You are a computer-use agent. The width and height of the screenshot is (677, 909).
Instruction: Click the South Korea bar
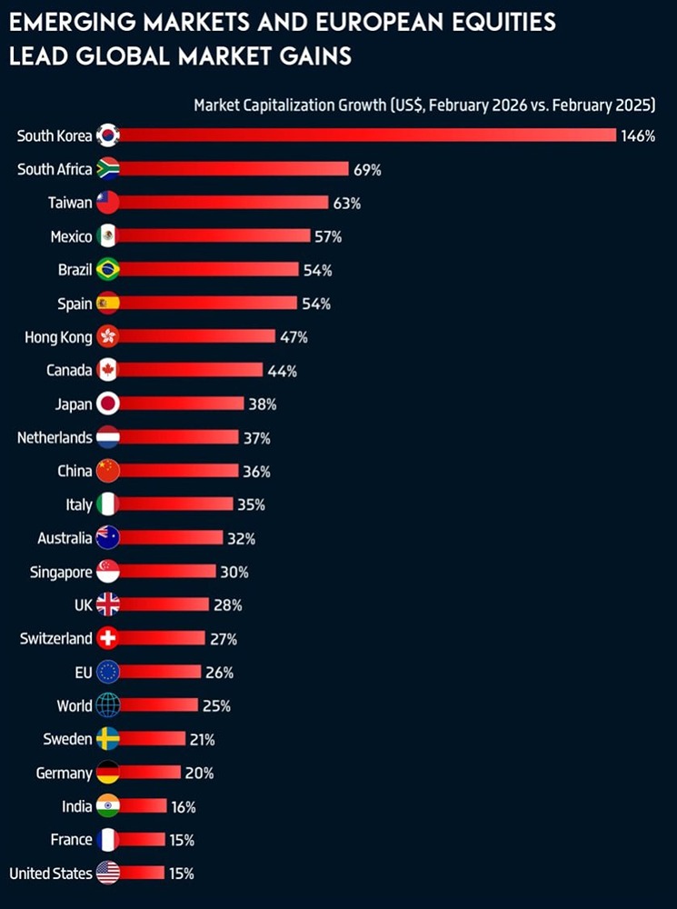coord(363,135)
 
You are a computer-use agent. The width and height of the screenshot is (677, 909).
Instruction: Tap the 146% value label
coord(638,136)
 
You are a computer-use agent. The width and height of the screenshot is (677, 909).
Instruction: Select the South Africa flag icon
coord(107,169)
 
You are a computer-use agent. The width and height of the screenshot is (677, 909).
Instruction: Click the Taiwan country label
coord(70,203)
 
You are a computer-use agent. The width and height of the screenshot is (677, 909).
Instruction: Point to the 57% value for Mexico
coord(328,236)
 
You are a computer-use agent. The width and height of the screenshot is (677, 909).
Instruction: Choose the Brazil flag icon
coord(107,270)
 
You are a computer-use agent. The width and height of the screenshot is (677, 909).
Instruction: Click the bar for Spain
coord(207,304)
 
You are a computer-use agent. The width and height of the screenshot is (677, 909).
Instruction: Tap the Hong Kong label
coord(58,337)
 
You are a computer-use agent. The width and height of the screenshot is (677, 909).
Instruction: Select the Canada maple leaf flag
coord(107,370)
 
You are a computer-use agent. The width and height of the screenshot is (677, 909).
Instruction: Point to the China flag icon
coord(107,471)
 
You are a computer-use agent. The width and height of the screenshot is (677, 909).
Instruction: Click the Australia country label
coord(65,538)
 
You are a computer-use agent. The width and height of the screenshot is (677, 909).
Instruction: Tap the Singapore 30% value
coord(234,572)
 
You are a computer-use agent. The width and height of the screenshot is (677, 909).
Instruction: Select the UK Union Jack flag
coord(107,604)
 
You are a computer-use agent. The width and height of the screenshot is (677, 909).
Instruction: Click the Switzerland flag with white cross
coord(107,638)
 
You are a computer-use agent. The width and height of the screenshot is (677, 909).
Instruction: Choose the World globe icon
coord(107,705)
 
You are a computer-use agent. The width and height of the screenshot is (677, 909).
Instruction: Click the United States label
coord(51,874)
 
